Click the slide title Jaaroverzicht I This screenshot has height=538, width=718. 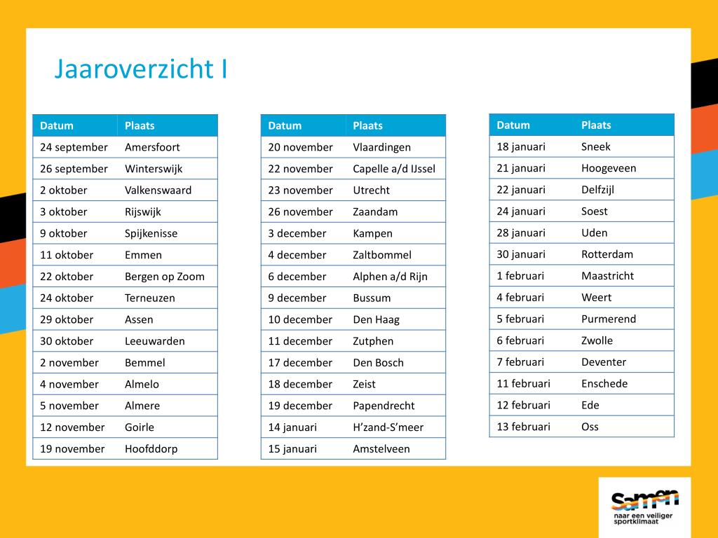click(x=140, y=69)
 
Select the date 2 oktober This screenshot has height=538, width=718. click(x=63, y=191)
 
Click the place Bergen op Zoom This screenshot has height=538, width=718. click(x=164, y=277)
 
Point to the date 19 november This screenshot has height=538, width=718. click(x=72, y=449)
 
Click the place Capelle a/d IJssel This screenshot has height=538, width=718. click(x=394, y=169)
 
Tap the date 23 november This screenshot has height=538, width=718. click(x=300, y=191)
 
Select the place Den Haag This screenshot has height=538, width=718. click(x=376, y=319)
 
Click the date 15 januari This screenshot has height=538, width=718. click(x=292, y=449)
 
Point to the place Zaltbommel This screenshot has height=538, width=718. click(x=382, y=255)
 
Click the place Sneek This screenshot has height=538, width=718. click(x=596, y=147)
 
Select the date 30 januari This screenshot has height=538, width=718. click(x=521, y=254)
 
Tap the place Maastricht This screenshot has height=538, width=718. click(x=608, y=276)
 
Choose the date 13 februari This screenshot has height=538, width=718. click(x=523, y=427)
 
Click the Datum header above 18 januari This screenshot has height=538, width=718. click(x=513, y=125)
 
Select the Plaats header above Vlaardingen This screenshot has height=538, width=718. click(x=367, y=126)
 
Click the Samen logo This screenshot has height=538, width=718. click(x=644, y=507)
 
